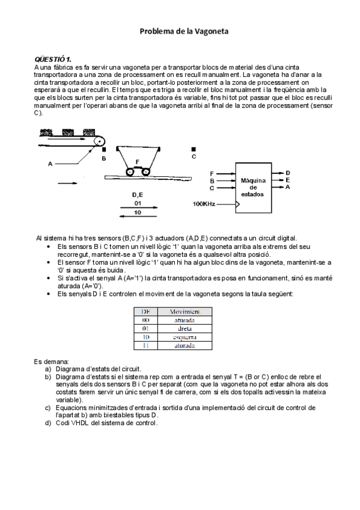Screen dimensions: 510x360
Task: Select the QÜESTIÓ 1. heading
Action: pyautogui.click(x=53, y=59)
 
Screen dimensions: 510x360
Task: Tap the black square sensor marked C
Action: pyautogui.click(x=193, y=149)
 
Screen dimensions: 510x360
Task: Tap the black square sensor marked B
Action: pyautogui.click(x=104, y=150)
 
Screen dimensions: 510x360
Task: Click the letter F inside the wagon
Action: pyautogui.click(x=138, y=162)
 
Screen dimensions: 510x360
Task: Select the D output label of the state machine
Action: pyautogui.click(x=288, y=173)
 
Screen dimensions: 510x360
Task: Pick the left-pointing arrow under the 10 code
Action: pyautogui.click(x=138, y=218)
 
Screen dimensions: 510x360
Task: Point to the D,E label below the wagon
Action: pyautogui.click(x=137, y=195)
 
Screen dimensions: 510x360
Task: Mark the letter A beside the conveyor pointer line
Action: pyautogui.click(x=50, y=163)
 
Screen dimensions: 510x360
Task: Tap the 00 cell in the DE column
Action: pyautogui.click(x=145, y=320)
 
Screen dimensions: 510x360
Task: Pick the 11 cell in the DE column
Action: pyautogui.click(x=145, y=346)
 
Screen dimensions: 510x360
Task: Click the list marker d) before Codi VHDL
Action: pyautogui.click(x=48, y=423)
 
